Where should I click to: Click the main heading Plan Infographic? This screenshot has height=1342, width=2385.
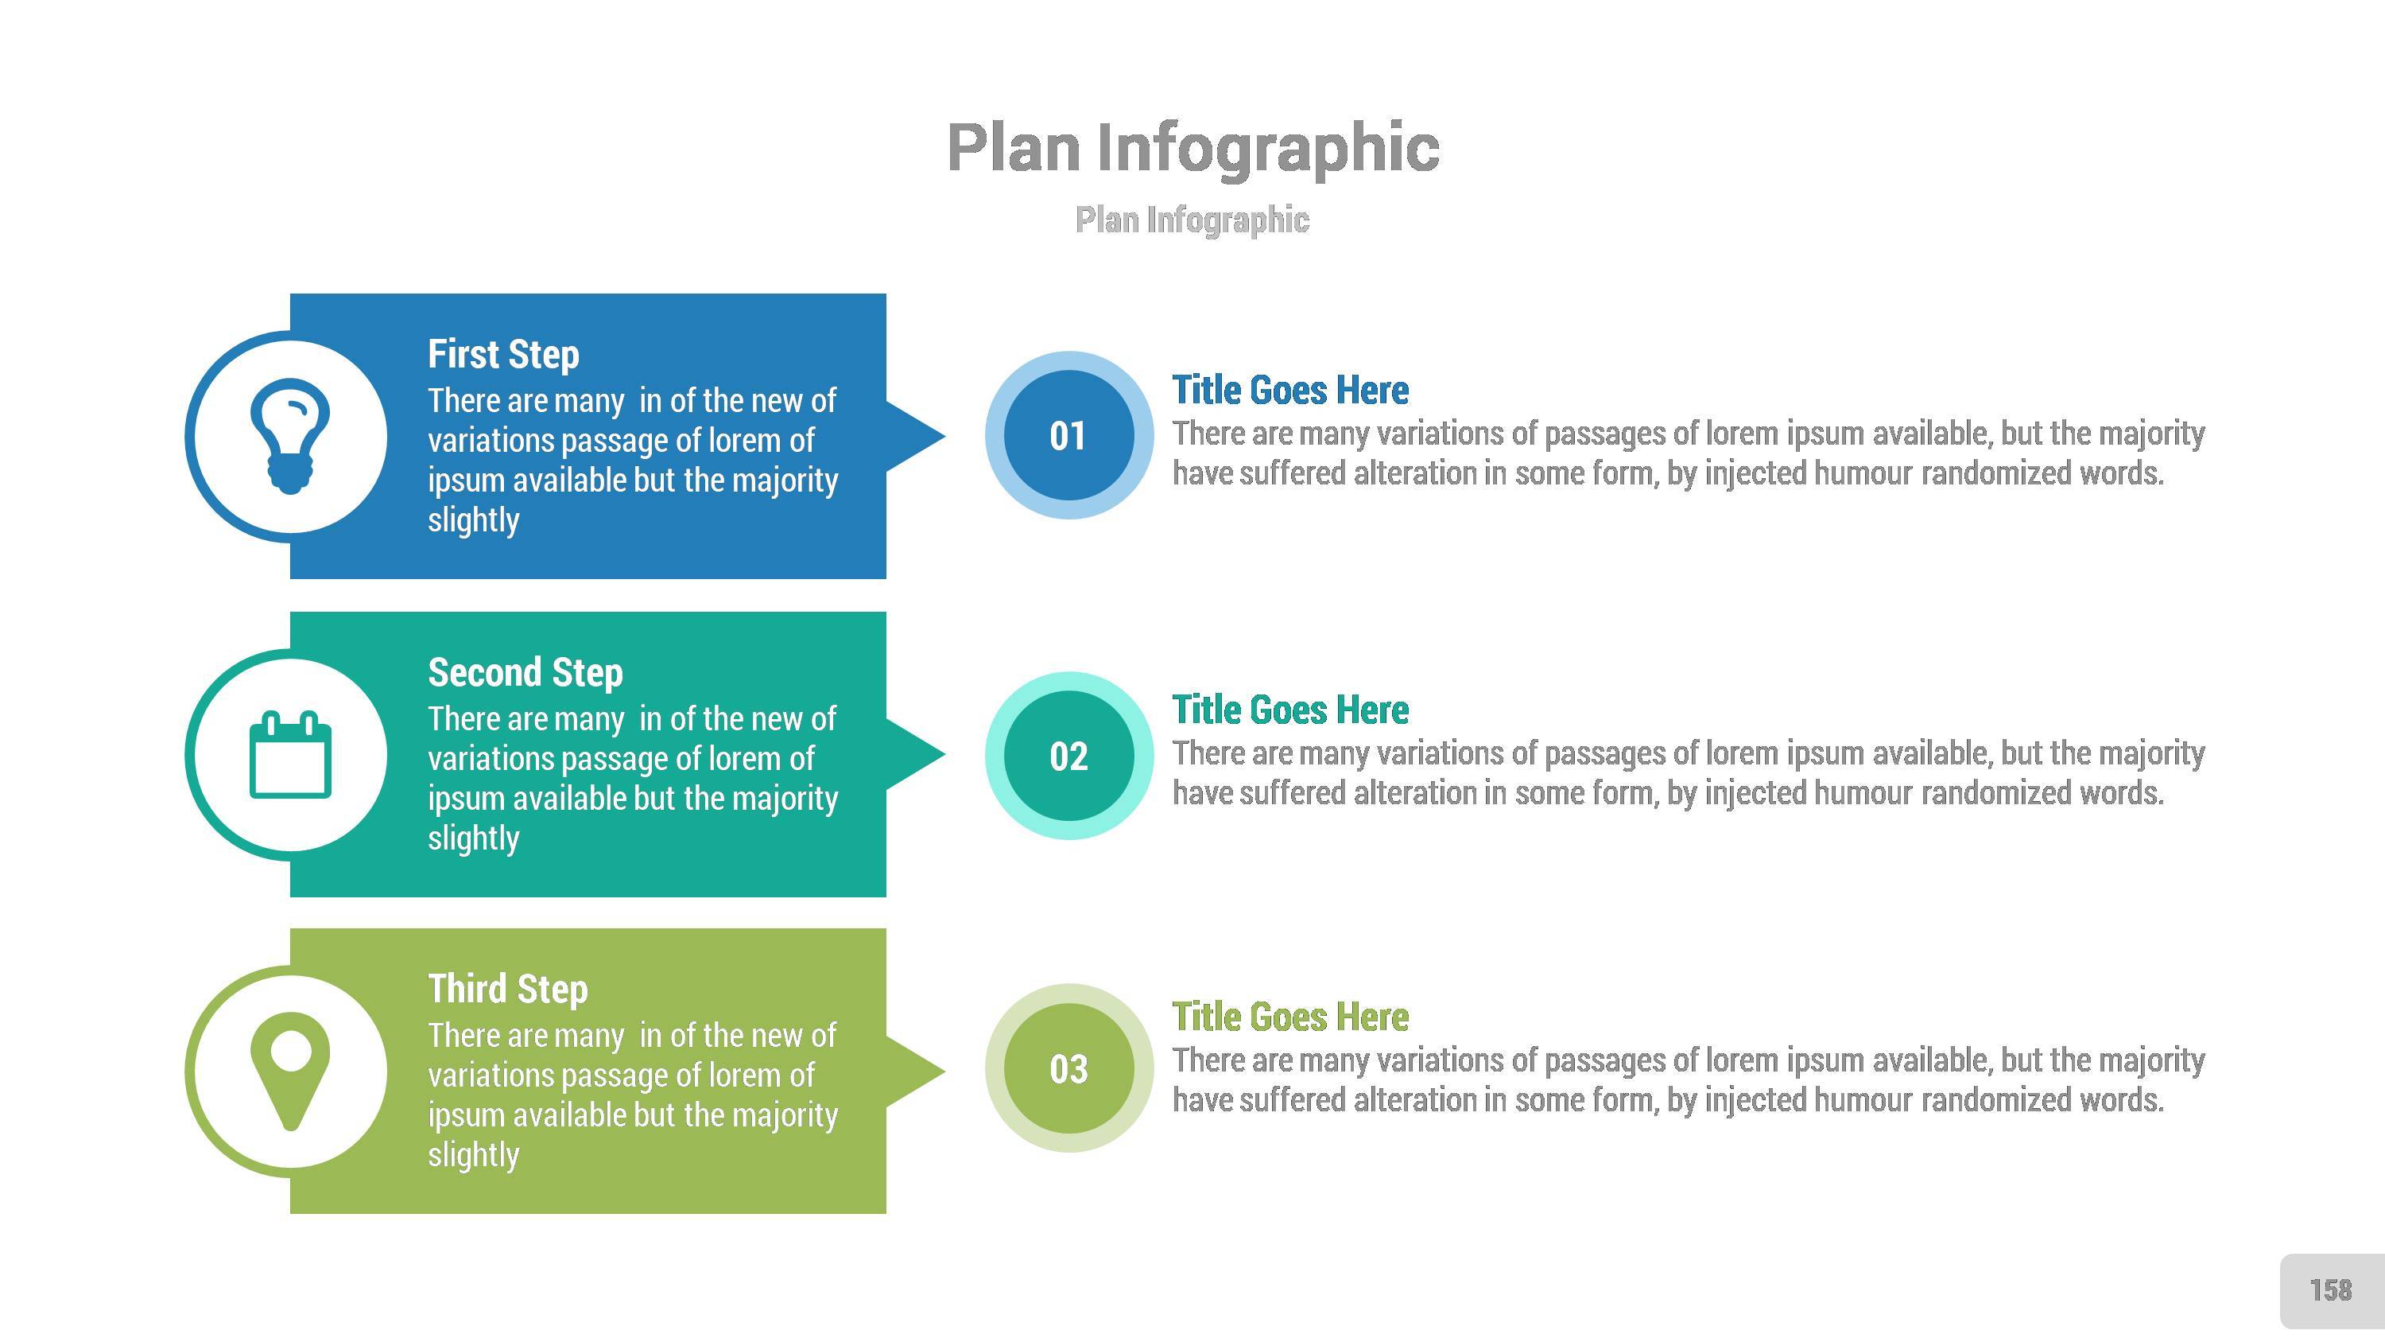[x=1193, y=148]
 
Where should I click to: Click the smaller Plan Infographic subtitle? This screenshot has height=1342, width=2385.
[x=1192, y=220]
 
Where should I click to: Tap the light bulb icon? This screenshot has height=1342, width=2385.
[x=290, y=436]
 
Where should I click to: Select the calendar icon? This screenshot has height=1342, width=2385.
[x=291, y=754]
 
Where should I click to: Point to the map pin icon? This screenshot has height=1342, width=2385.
[x=291, y=1072]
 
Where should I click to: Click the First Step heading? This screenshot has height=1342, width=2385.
[x=504, y=354]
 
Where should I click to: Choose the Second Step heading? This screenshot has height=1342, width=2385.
[x=525, y=672]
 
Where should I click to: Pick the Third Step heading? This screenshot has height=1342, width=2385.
[x=507, y=988]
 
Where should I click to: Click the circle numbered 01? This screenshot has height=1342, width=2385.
[x=1069, y=435]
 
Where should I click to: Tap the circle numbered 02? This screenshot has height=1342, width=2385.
[x=1069, y=756]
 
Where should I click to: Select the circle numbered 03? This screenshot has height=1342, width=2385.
[x=1069, y=1068]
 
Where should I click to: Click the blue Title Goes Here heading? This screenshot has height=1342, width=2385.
[x=1290, y=390]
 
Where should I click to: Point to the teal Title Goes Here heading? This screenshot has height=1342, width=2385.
[x=1290, y=710]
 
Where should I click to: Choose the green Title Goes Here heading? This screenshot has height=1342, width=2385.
[x=1290, y=1016]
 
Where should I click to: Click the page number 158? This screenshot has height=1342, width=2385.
[x=2330, y=1290]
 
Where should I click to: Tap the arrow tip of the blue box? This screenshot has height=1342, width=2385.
[x=944, y=435]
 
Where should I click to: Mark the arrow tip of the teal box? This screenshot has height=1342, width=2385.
[x=944, y=754]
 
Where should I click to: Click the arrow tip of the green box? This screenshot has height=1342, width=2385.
[x=944, y=1072]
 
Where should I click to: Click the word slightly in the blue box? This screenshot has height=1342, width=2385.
[x=473, y=520]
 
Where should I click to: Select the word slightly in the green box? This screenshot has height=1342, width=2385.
[x=473, y=1155]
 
